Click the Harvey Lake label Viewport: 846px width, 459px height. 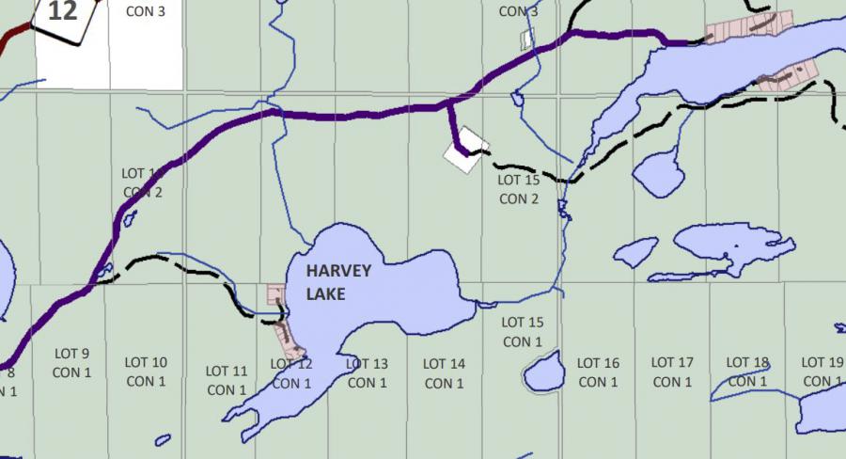tap(338, 282)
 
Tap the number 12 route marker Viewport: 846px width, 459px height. tap(62, 14)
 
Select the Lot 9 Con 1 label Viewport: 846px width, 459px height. tap(71, 363)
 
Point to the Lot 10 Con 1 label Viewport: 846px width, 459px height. tap(146, 372)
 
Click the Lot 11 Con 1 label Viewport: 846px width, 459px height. tap(227, 380)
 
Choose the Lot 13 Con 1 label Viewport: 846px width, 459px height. tap(368, 372)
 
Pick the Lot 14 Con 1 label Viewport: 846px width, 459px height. tap(444, 372)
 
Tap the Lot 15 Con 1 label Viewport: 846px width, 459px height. tap(523, 332)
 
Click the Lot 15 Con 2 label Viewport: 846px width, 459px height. tap(519, 189)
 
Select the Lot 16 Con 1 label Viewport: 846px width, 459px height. tap(598, 372)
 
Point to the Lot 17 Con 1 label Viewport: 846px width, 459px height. tap(672, 372)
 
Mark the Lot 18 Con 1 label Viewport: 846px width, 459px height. tap(747, 372)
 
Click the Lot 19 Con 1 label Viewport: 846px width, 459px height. tap(822, 372)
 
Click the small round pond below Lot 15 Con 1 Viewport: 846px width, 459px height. tap(543, 374)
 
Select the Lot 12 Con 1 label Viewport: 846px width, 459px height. tap(291, 373)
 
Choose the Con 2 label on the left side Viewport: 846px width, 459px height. tap(143, 183)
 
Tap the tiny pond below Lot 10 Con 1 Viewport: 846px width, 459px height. tap(163, 439)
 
